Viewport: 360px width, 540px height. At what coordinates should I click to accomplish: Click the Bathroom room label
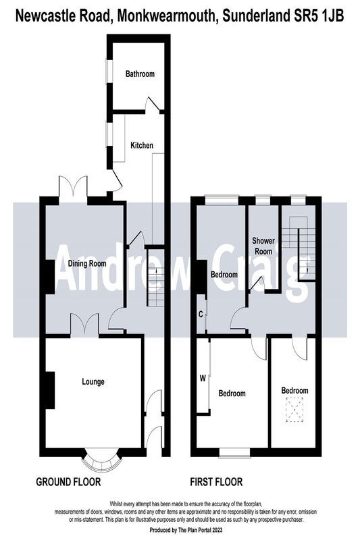click(140, 74)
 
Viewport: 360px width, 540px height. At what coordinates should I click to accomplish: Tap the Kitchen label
click(142, 145)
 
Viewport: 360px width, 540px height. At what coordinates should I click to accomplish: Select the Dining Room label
click(87, 264)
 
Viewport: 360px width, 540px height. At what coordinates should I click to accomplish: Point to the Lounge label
click(93, 381)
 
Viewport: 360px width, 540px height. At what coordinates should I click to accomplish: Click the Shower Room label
click(263, 246)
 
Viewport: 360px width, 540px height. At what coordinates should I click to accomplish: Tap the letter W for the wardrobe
click(203, 379)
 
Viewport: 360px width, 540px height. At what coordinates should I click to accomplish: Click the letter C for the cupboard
click(201, 314)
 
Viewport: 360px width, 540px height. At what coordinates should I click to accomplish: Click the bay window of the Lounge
click(102, 461)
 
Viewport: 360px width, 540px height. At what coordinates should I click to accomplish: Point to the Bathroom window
click(109, 72)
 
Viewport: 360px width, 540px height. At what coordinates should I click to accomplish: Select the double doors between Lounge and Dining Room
click(84, 324)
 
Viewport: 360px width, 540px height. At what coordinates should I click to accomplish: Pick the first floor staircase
click(299, 248)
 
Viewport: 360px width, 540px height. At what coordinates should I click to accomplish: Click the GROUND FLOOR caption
click(68, 481)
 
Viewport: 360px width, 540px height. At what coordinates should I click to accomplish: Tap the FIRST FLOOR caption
click(216, 481)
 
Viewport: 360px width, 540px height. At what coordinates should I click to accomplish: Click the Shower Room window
click(263, 200)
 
